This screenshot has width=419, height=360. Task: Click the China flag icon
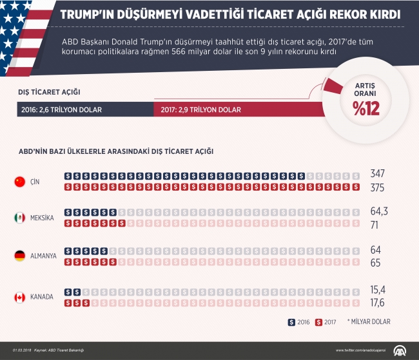pos(20,182)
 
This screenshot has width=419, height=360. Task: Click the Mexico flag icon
pos(20,218)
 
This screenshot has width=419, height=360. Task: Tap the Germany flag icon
pos(20,256)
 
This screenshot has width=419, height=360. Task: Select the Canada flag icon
pos(20,297)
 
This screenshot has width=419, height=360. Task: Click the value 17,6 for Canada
pos(378,303)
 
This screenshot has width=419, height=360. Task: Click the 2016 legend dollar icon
pos(291,321)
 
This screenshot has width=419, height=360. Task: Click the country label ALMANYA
pos(44,256)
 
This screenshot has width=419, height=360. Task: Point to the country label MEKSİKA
pos(43,218)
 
